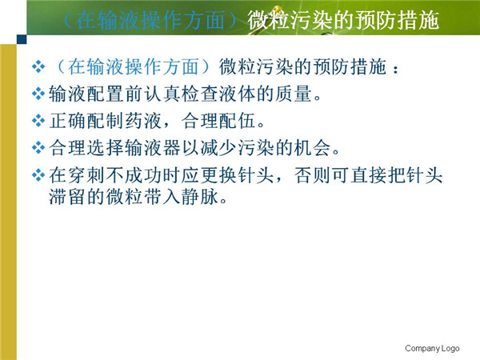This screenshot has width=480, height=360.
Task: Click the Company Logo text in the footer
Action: (432, 348)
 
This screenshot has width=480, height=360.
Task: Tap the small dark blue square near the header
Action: (22, 39)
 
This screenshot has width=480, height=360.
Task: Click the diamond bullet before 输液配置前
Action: (38, 94)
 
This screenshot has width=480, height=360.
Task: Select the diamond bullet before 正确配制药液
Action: (38, 121)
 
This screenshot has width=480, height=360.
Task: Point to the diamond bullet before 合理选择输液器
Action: (38, 148)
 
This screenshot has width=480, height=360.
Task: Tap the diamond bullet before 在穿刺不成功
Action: (38, 175)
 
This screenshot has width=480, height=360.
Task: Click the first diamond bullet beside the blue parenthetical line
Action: (38, 66)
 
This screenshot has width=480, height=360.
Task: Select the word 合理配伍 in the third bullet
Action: (218, 121)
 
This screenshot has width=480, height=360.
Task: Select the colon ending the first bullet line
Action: (396, 70)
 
